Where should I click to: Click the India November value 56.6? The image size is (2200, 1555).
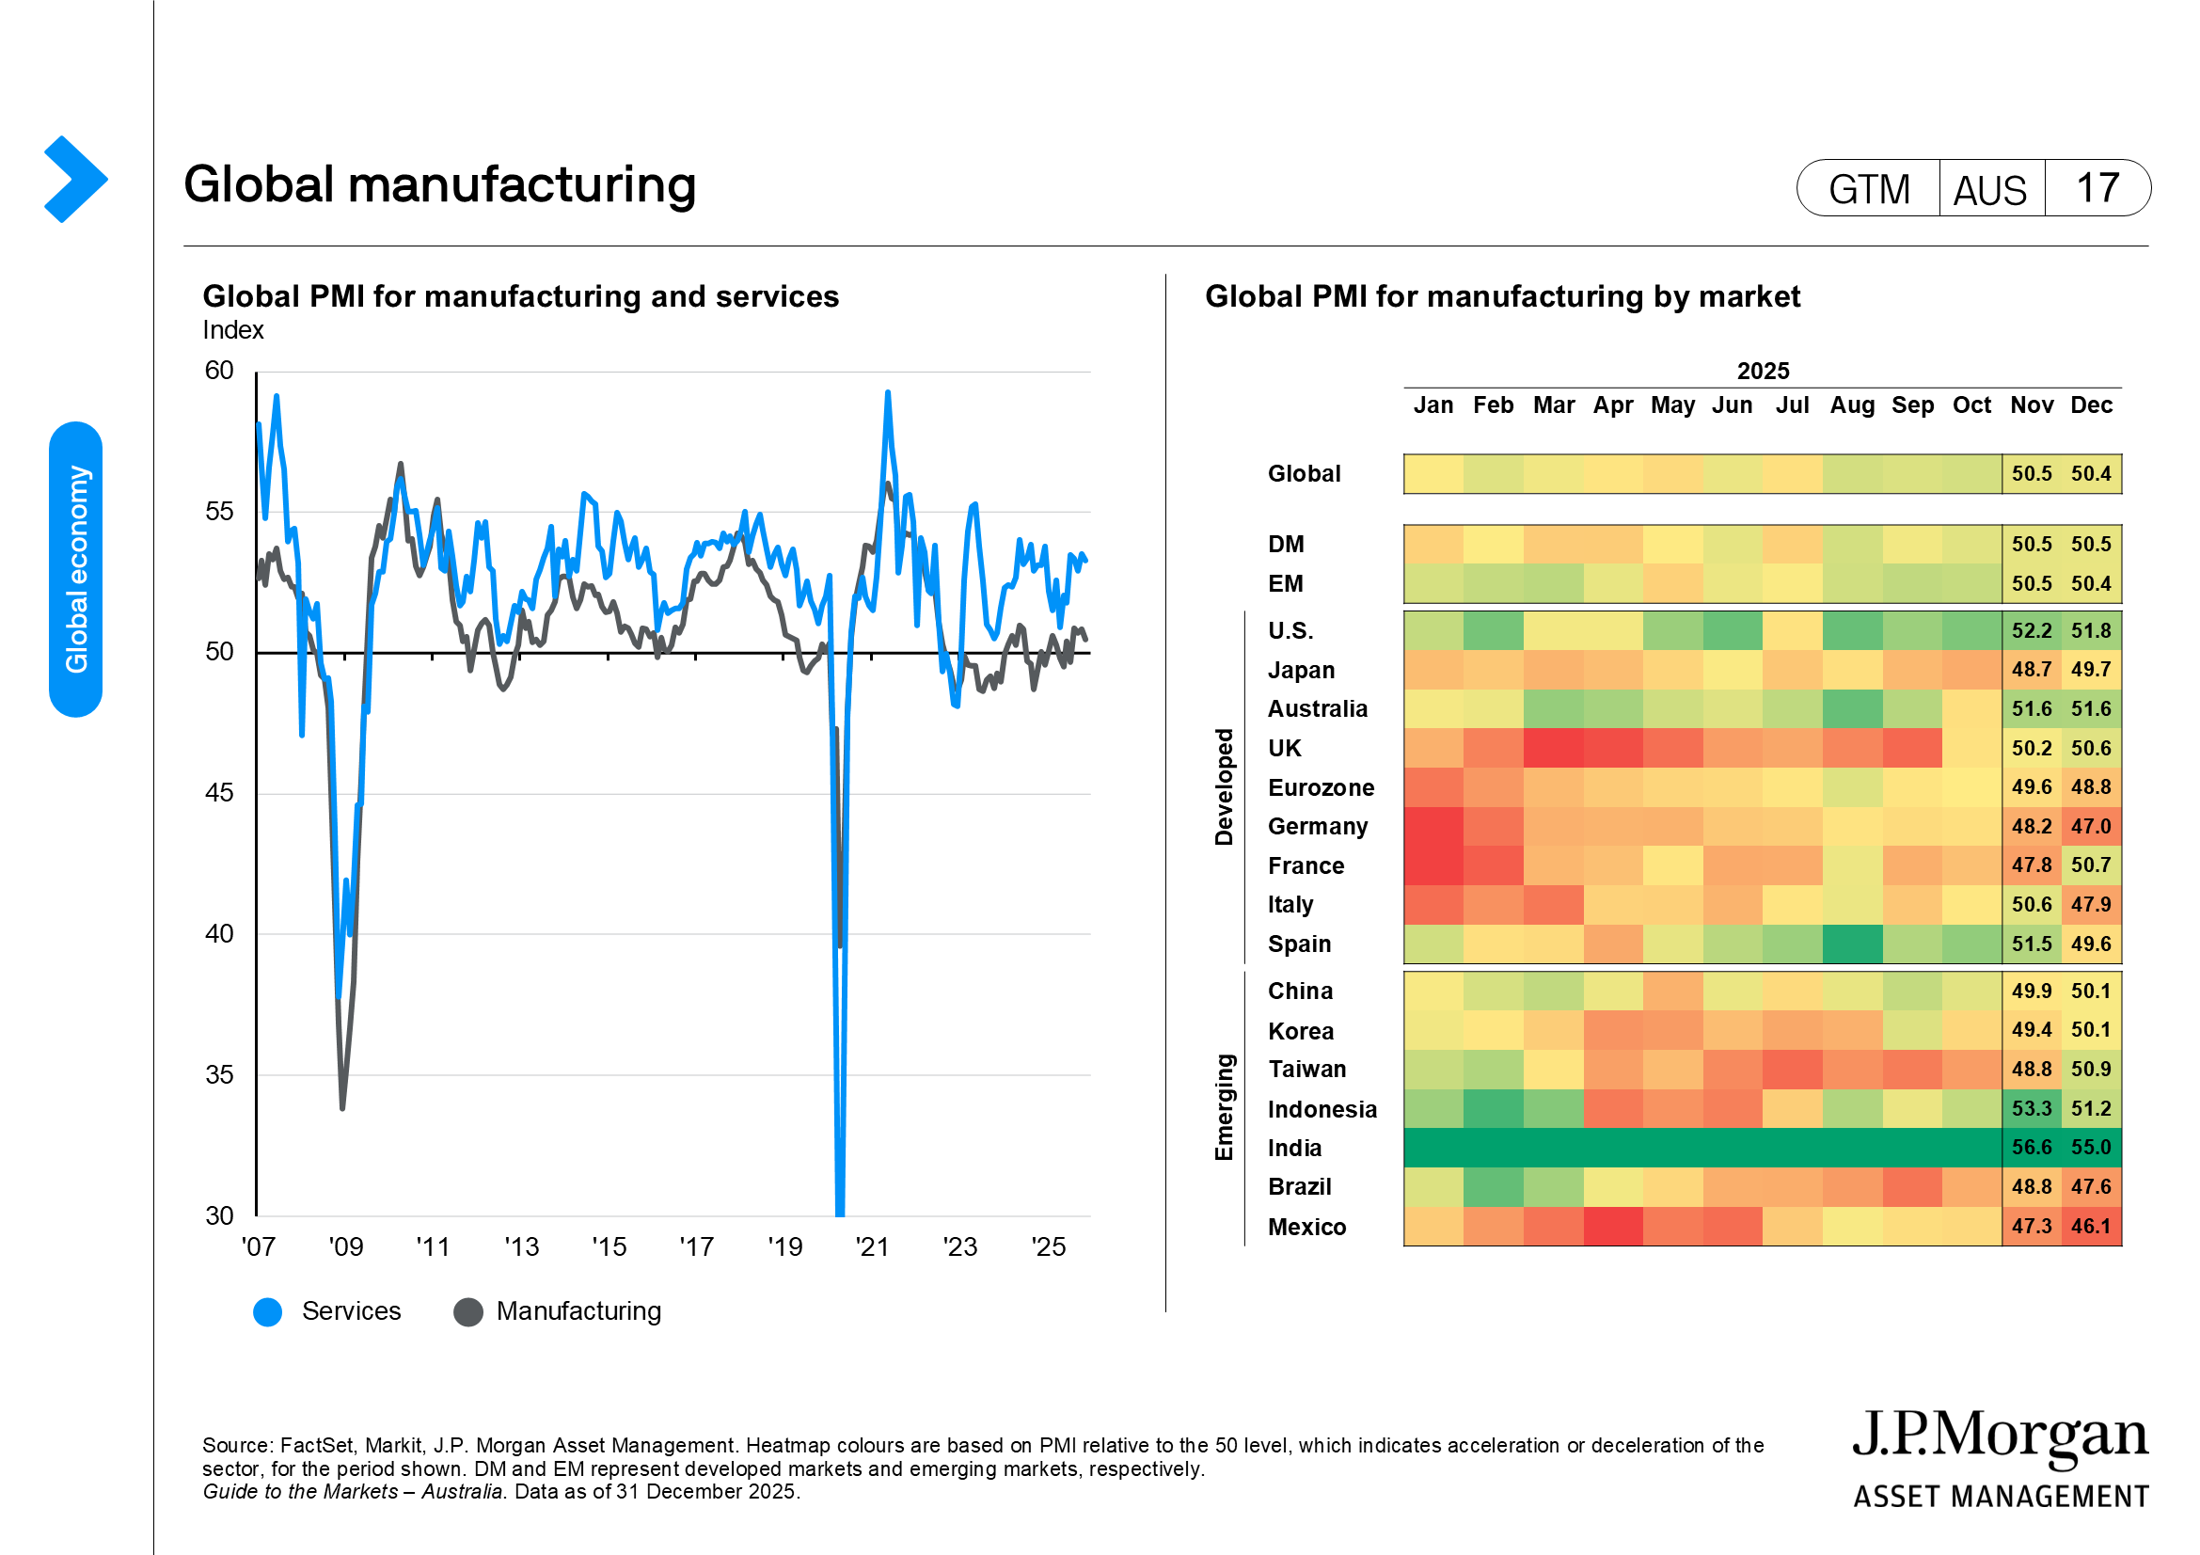click(2031, 1147)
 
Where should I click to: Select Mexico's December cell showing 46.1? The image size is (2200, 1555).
click(2090, 1226)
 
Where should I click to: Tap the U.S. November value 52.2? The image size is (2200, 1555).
click(2031, 630)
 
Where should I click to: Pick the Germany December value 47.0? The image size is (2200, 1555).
click(2090, 826)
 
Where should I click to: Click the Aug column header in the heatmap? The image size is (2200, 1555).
click(1851, 405)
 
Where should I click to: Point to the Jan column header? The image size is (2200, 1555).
click(1432, 405)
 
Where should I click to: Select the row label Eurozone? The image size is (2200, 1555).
click(1321, 787)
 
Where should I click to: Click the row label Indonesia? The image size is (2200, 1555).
click(1322, 1108)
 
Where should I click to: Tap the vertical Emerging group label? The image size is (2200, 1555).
click(1224, 1106)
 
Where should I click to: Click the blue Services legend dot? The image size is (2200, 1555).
click(267, 1311)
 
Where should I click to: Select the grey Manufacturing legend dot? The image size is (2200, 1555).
click(467, 1311)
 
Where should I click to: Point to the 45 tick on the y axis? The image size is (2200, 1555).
click(219, 792)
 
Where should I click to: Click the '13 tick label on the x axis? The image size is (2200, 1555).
click(521, 1246)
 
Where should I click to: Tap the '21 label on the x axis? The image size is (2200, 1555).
click(872, 1246)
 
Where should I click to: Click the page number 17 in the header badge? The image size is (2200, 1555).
click(2097, 189)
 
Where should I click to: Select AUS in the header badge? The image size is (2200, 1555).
click(1989, 190)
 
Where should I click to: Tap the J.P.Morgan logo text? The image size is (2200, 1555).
click(2000, 1436)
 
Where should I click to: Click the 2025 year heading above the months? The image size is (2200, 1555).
click(1762, 371)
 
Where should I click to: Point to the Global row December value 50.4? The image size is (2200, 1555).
click(2090, 473)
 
